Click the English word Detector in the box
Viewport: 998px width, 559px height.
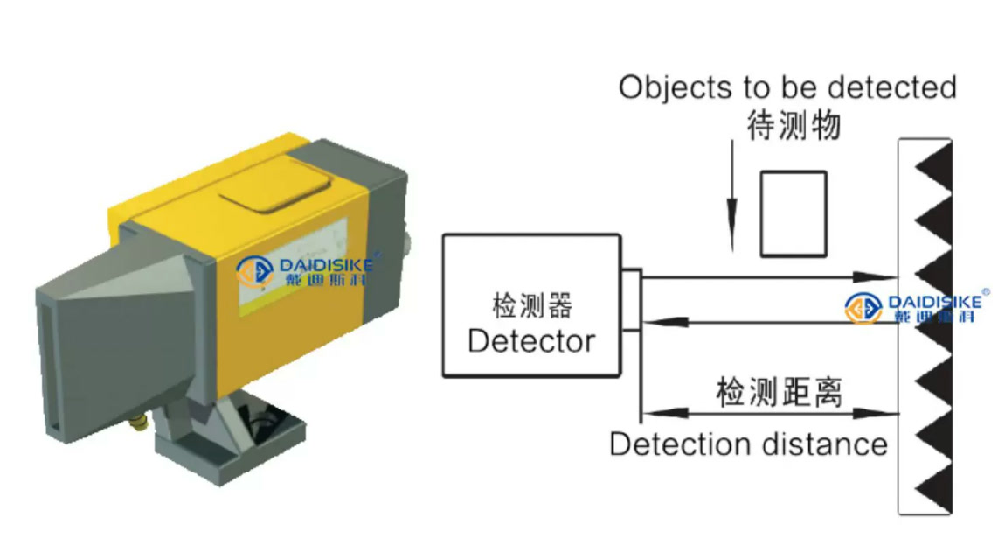click(531, 341)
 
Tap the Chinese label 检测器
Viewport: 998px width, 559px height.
click(532, 305)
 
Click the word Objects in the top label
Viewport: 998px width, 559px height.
click(676, 88)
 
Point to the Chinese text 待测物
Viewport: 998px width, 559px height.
click(794, 125)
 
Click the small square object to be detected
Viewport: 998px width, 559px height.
click(794, 214)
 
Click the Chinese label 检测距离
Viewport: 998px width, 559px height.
click(779, 391)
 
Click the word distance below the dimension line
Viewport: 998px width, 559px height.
click(818, 444)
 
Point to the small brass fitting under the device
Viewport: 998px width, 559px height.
click(138, 423)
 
